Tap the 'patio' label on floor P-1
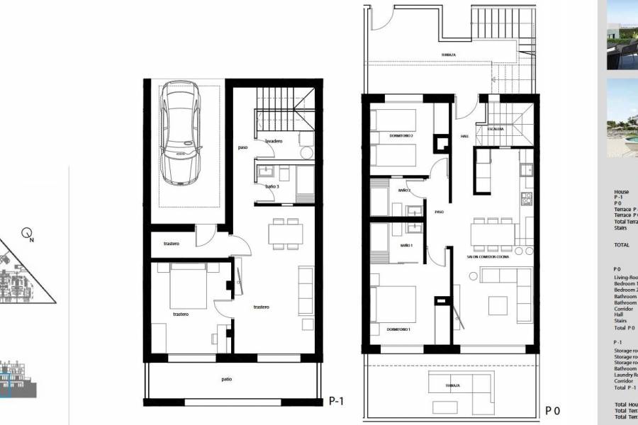226,380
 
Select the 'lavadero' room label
274,141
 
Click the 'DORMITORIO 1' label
399,330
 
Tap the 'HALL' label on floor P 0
464,137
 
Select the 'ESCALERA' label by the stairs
495,130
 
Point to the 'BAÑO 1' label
406,246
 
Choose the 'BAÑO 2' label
404,191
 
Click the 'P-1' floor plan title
337,400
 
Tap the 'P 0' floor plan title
553,410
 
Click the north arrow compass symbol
28,232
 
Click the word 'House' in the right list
621,192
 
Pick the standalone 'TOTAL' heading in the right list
622,244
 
